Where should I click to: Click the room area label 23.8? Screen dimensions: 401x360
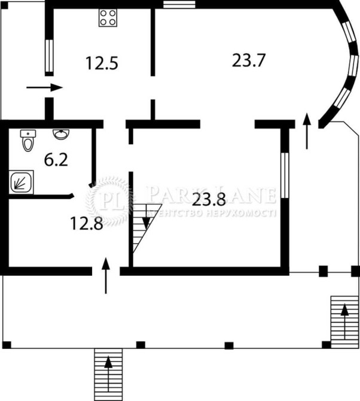(208, 199)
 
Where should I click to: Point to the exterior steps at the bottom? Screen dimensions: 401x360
(108, 374)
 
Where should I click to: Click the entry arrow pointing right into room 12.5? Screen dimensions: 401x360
(45, 87)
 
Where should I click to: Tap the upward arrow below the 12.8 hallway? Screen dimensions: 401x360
(106, 276)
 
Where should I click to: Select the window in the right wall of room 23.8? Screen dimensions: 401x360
(285, 175)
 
